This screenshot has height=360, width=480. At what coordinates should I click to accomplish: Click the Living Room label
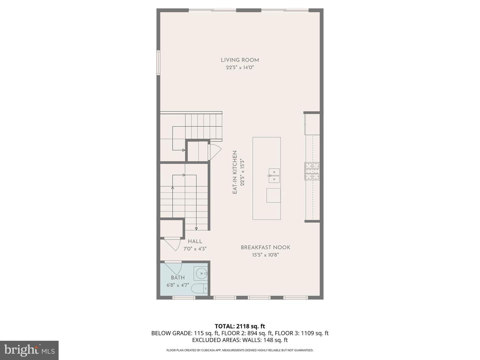point(240,60)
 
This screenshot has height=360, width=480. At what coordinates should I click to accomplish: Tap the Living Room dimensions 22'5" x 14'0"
point(240,68)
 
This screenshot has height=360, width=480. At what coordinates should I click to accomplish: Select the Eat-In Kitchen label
point(235,172)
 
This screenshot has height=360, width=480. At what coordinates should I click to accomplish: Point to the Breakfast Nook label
point(265,247)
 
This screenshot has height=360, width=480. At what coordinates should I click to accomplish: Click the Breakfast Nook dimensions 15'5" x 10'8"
point(265,255)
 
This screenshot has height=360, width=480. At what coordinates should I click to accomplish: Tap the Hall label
point(195,241)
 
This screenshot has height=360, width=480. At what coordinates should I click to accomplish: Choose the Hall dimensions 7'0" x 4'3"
point(195,249)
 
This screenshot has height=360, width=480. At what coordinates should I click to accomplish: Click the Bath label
point(178,278)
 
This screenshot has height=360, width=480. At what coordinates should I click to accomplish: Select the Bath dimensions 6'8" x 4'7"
point(178,285)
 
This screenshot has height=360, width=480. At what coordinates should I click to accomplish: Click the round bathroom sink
point(201,274)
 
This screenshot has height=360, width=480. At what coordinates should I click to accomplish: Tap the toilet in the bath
point(200,288)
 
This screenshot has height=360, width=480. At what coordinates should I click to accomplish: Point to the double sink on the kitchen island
point(274,176)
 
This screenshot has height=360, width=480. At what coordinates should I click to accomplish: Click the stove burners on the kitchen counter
point(312,171)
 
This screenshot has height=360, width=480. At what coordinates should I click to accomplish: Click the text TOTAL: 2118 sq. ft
point(240,326)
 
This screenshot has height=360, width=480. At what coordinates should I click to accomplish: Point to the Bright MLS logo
point(29,350)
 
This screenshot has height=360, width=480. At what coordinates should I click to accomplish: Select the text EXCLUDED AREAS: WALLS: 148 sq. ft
point(240,340)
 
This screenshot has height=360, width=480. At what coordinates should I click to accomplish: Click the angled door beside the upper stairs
point(214,152)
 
